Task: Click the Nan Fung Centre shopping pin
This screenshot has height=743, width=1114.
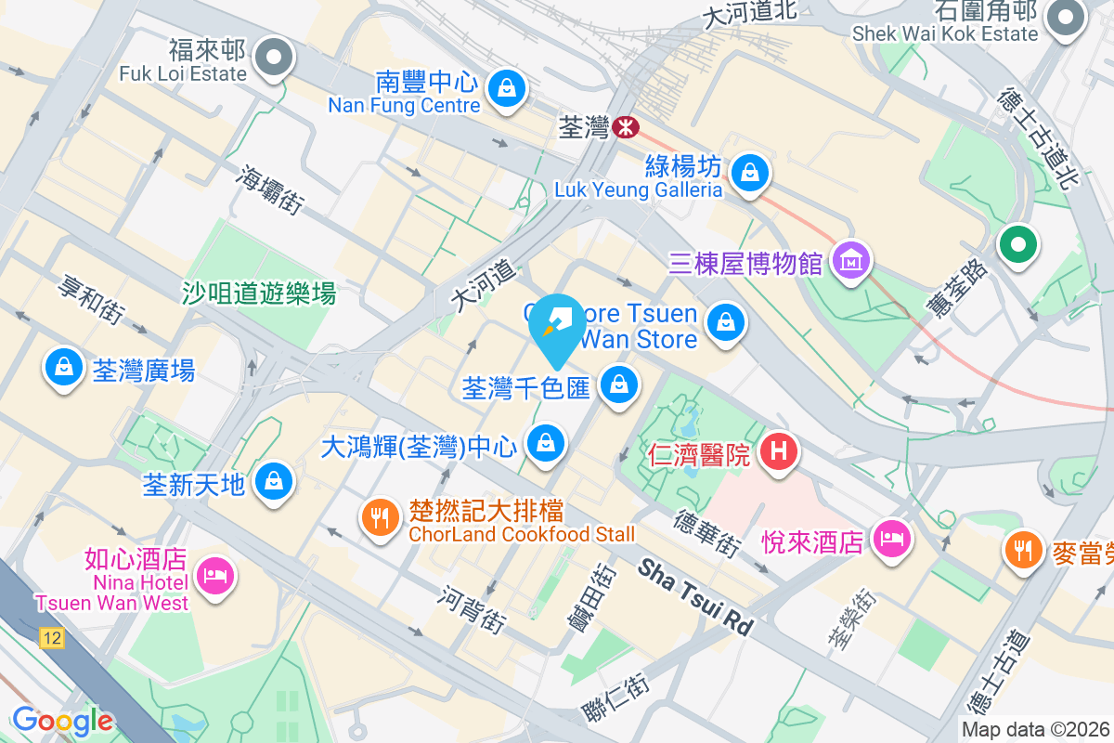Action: click(x=506, y=90)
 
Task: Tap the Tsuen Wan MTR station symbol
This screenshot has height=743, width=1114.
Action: click(x=627, y=127)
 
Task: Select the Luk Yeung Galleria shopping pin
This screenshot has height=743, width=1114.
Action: click(x=748, y=173)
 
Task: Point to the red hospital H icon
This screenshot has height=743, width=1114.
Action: click(x=779, y=453)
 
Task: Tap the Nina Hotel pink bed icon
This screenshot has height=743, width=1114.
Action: click(x=215, y=577)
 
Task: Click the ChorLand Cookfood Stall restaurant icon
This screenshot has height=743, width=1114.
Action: click(x=379, y=517)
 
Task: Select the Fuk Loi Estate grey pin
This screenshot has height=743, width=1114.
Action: click(x=274, y=59)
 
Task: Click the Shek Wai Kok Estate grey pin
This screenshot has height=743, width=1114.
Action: click(x=1065, y=17)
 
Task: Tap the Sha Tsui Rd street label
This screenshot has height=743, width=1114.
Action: click(x=695, y=595)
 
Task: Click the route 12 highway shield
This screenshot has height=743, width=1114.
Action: click(x=52, y=638)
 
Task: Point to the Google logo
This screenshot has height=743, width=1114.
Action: click(x=62, y=721)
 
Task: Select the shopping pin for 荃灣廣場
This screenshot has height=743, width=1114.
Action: click(x=63, y=369)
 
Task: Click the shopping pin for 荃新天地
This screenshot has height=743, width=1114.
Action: click(x=274, y=482)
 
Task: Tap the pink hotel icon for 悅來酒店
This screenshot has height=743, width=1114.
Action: click(x=892, y=539)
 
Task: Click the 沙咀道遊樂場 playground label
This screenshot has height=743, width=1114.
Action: click(x=259, y=294)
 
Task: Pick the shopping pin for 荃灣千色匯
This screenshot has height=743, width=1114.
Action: click(x=618, y=384)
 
